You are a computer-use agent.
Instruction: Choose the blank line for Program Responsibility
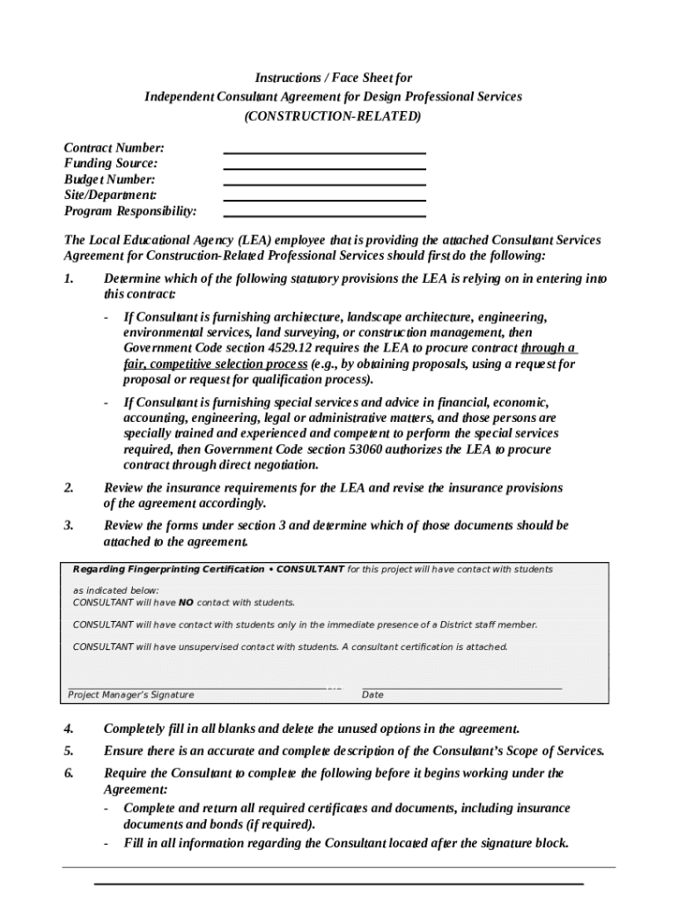324,215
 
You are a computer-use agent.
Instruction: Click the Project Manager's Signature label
131,695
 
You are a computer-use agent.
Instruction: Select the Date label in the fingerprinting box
372,695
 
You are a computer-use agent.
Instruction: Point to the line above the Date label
461,685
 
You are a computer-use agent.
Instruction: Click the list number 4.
68,728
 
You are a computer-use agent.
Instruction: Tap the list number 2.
68,487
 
